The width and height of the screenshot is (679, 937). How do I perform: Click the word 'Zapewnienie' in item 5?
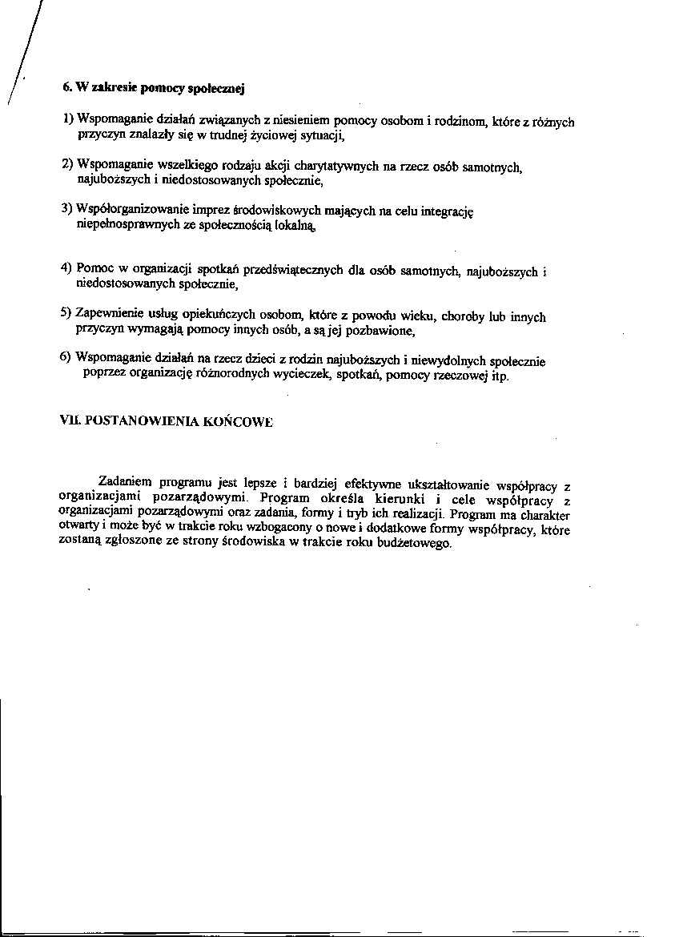[108, 313]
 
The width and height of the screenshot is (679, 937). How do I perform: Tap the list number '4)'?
[67, 267]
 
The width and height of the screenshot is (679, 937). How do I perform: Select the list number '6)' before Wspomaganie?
[66, 357]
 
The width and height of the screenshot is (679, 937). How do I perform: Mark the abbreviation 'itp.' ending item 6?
[498, 375]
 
